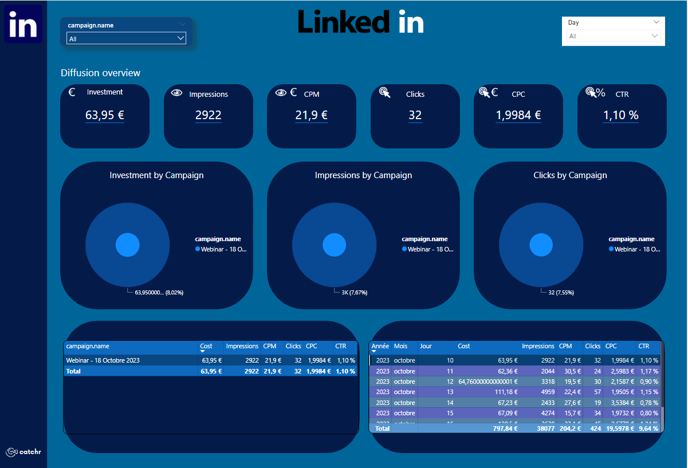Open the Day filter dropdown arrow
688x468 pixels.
[x=656, y=22]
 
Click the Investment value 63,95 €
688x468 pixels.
[x=105, y=115]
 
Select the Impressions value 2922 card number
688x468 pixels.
[x=208, y=115]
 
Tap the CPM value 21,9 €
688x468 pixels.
[x=312, y=115]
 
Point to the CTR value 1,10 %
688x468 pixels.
[x=621, y=115]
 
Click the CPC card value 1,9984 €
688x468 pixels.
[x=518, y=115]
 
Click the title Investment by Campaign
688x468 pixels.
[x=156, y=175]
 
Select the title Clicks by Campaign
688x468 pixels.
[x=570, y=175]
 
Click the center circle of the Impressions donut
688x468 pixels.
[x=335, y=245]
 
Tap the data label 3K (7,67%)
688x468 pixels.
[x=354, y=293]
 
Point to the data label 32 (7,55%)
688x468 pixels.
[x=561, y=293]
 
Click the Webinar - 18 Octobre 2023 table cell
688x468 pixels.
[x=103, y=360]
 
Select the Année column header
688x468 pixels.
[x=380, y=346]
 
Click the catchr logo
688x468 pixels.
[x=23, y=452]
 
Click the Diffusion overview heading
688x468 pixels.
[x=100, y=73]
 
